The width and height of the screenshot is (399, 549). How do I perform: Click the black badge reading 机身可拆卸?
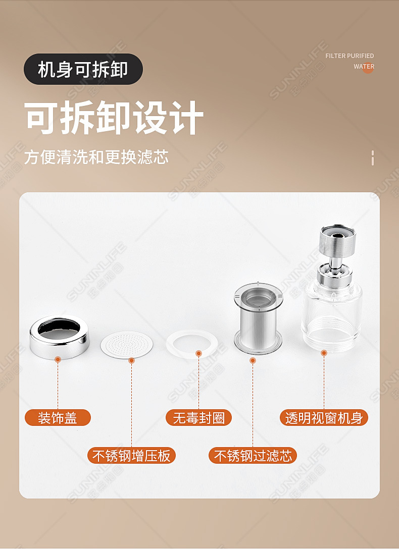[x=83, y=69]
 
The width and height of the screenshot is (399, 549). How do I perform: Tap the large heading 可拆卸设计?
[x=114, y=118]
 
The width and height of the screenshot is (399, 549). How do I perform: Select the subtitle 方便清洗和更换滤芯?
[x=96, y=157]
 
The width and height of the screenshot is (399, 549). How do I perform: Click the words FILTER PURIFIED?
[x=350, y=56]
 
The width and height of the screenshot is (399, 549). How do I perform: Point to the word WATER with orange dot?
[x=364, y=67]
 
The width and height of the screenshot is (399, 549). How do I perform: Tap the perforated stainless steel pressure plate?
[x=127, y=344]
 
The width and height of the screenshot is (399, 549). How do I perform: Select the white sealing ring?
[x=196, y=343]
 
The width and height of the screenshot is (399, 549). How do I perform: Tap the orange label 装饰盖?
[x=58, y=418]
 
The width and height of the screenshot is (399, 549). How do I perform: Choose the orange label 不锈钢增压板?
[x=131, y=456]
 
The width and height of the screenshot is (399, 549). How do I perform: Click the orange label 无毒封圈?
[x=198, y=418]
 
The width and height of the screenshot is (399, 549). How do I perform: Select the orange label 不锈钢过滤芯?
[x=253, y=456]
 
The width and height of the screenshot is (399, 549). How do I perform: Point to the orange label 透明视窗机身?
[x=324, y=418]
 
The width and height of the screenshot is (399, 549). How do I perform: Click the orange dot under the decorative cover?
[x=58, y=359]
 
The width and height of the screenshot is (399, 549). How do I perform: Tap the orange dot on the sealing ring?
[x=198, y=353]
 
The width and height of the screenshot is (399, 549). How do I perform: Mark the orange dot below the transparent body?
[x=324, y=353]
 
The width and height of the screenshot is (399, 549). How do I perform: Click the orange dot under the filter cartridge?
[x=253, y=360]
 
